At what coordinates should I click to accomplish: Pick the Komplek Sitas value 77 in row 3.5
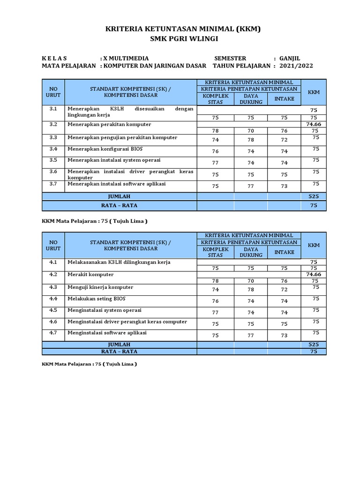point(215,163)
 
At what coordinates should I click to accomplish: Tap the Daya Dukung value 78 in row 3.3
point(251,140)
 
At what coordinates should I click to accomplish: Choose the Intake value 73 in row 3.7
point(284,186)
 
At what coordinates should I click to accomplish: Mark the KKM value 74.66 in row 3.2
point(313,124)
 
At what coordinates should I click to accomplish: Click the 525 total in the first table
point(313,196)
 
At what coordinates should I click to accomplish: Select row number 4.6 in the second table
point(53,322)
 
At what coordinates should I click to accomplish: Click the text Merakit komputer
point(90,274)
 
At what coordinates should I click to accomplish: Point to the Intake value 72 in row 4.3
point(284,290)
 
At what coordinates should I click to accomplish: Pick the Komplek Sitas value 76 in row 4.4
point(215,301)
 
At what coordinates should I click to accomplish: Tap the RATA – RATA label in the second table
point(119,351)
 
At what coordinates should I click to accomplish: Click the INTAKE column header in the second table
point(284,252)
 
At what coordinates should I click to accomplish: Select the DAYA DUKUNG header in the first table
point(251,99)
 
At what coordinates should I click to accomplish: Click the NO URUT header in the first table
point(53,92)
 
